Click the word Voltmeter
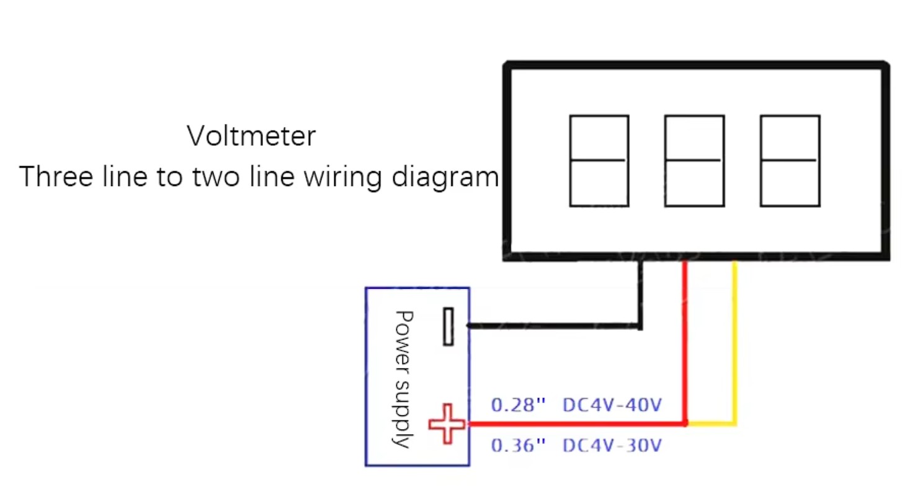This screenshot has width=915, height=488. point(251,136)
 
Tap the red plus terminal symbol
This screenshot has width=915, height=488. point(447,424)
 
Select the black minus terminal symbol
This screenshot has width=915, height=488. point(448,326)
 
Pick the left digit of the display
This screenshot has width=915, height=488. point(599,161)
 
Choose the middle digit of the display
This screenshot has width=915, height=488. point(694,161)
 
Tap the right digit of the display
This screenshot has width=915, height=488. point(790,161)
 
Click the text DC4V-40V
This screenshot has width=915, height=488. point(612,406)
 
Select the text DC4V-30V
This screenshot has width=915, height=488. point(612,445)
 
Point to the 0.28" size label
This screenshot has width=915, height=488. point(518,406)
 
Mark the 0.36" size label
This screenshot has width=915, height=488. point(518,445)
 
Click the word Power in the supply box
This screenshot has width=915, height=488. point(403,332)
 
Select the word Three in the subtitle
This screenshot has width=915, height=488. point(55,177)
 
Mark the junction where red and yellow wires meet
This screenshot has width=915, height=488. point(685,424)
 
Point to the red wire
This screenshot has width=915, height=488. point(685,341)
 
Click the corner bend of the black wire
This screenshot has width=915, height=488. point(641,326)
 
